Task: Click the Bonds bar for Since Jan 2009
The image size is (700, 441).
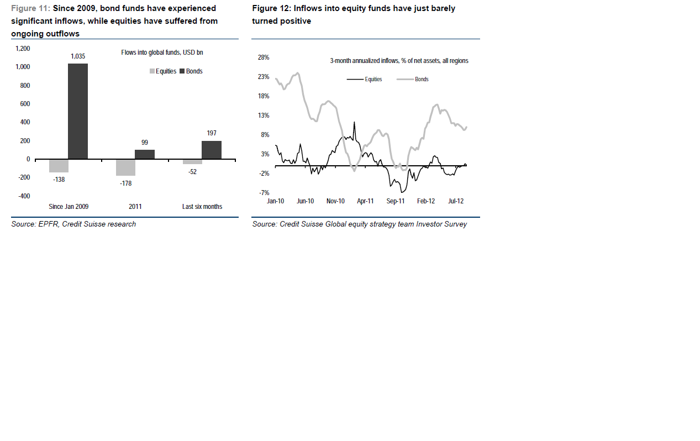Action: click(78, 111)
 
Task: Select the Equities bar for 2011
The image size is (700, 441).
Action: click(125, 167)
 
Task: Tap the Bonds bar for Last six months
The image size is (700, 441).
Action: click(212, 150)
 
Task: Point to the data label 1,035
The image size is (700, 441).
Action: click(78, 56)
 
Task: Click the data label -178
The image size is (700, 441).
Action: click(125, 183)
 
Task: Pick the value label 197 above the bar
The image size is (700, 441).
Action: click(212, 133)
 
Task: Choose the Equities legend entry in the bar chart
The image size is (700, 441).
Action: click(163, 71)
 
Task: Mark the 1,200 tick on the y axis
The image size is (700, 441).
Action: click(23, 49)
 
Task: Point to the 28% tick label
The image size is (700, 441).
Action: click(264, 57)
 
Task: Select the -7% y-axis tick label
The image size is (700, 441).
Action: click(264, 193)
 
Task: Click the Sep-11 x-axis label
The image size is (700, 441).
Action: click(396, 201)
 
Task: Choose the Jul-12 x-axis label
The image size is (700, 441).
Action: click(455, 201)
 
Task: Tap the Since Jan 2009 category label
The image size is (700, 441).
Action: click(69, 207)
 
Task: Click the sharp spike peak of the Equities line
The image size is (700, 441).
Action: click(354, 122)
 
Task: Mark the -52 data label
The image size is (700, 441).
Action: click(192, 171)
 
